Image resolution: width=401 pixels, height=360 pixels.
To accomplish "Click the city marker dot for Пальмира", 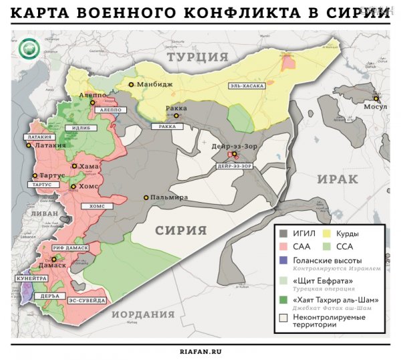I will [146, 197].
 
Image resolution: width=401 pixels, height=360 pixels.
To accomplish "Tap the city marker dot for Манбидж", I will [131, 84].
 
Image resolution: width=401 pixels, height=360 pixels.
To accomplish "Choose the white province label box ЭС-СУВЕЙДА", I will [87, 301].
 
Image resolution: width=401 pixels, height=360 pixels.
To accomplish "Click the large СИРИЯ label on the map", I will [181, 230].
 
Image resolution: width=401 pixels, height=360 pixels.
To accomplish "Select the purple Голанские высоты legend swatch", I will [283, 260].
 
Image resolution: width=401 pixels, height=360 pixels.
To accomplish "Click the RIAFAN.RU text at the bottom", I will [200, 351].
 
